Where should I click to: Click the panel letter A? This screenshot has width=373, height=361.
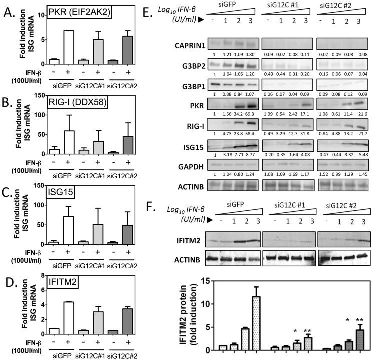point(9,11)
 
